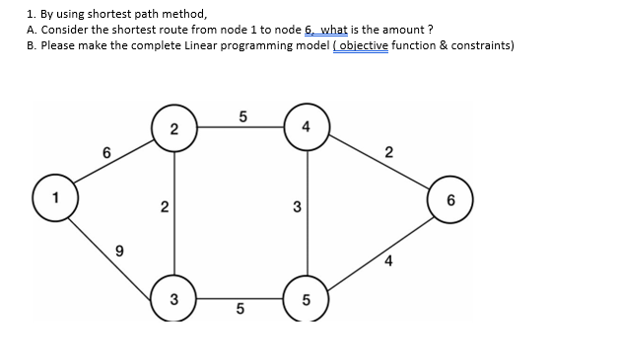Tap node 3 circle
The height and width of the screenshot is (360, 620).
174,299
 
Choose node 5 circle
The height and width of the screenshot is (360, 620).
307,300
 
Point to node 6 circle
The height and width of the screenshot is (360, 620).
451,201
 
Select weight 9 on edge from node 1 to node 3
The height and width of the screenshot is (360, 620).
118,252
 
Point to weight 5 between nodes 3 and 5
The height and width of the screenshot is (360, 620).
241,314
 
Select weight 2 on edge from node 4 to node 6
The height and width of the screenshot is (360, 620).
388,152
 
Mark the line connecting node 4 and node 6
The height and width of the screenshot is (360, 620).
379,165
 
